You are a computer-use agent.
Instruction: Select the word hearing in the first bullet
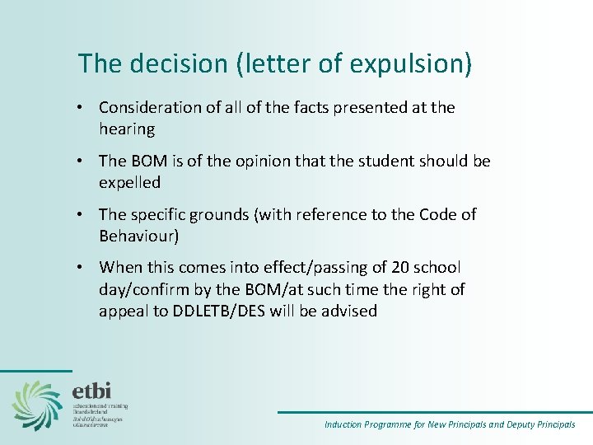126,129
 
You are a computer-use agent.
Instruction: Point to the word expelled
129,182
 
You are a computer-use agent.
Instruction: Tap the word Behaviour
139,236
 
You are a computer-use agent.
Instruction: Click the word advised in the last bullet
351,311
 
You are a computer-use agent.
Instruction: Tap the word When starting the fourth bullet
119,268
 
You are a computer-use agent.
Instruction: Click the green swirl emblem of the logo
37,405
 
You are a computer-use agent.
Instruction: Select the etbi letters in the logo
91,390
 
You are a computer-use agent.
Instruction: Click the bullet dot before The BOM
84,161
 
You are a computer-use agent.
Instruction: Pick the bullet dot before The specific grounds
84,214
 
